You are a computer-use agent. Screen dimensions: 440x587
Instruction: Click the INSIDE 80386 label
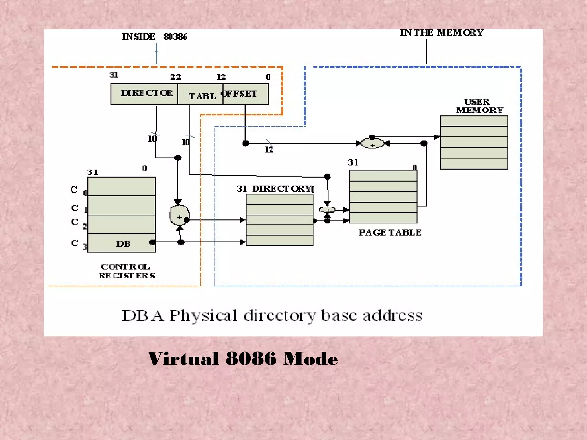pos(154,37)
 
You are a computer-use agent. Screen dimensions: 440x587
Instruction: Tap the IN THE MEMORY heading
pos(441,33)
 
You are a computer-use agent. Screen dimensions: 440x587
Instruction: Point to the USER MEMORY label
pos(479,106)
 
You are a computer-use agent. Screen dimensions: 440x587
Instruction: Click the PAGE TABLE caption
pos(390,233)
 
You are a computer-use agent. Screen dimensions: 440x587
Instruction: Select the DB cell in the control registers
pos(123,244)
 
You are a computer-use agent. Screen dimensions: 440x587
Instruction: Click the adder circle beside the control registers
pos(179,216)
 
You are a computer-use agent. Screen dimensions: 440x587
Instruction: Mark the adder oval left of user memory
pos(372,143)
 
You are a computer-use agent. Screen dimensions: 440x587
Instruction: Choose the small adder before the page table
pos(327,210)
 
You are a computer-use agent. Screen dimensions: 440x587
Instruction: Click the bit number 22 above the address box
pos(176,77)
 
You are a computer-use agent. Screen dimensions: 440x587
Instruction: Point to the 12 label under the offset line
pos(269,150)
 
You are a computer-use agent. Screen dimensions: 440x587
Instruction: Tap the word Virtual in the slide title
pos(184,359)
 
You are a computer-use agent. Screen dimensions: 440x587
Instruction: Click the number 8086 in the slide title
pos(251,359)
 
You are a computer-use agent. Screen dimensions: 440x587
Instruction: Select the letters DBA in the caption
pos(143,316)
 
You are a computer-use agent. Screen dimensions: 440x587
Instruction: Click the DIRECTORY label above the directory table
pos(282,189)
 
